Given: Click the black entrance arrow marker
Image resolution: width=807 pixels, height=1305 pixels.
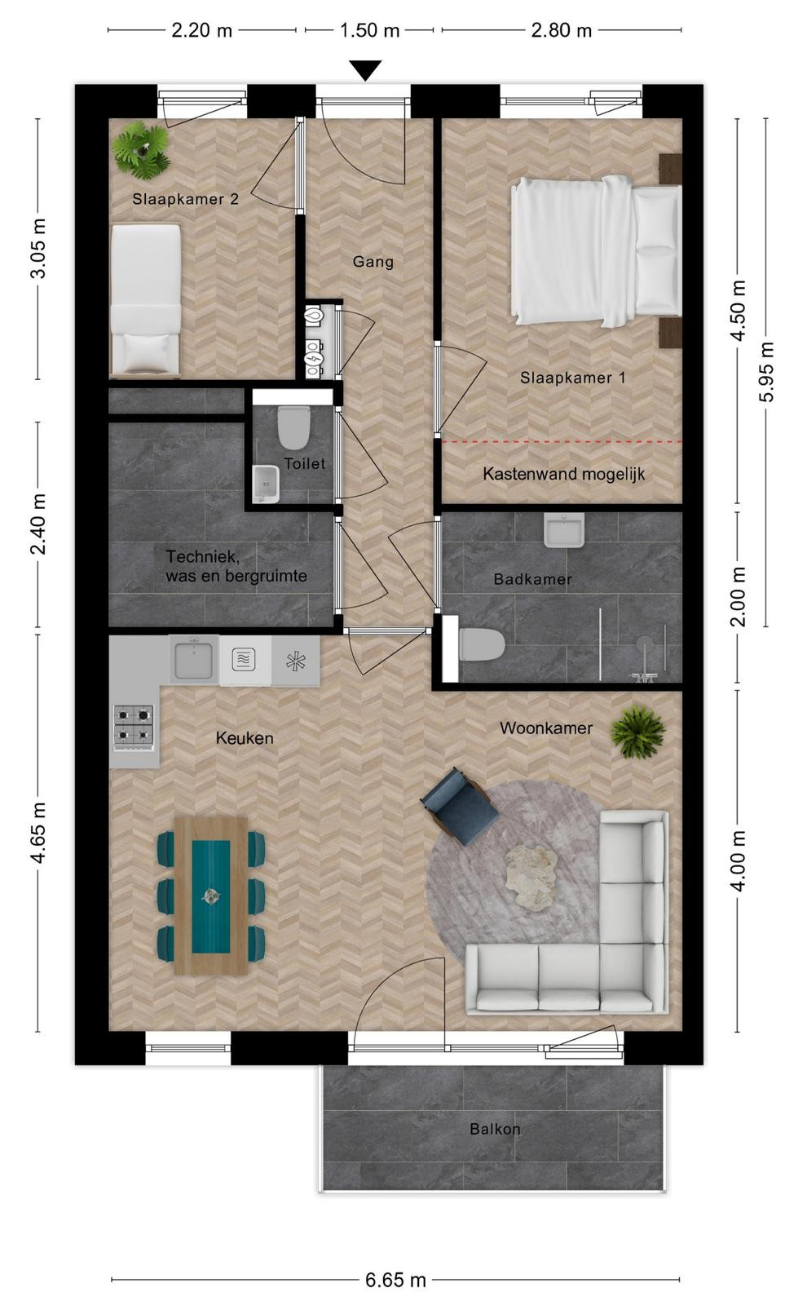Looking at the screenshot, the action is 366,70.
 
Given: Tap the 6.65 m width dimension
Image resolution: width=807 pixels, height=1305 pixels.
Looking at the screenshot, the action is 395,1280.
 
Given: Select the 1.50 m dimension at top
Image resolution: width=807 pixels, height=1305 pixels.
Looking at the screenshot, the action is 370,30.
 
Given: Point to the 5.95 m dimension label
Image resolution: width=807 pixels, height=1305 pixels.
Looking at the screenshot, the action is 766,372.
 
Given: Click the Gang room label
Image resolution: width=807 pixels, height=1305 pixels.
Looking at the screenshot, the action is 373,262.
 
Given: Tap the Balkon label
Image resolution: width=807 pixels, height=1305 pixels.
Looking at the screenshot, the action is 495,1129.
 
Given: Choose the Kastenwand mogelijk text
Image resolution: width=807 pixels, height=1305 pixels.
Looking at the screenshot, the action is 563,474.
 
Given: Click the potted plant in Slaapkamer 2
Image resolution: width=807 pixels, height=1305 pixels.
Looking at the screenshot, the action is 141,150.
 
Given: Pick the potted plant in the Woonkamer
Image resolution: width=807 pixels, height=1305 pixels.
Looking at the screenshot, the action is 637,732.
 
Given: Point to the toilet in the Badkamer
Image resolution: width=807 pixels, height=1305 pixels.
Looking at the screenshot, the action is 481,645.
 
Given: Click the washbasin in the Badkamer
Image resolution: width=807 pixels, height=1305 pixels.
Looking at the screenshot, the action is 563,529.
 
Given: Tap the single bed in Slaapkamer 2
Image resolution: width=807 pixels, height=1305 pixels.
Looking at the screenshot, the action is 145,301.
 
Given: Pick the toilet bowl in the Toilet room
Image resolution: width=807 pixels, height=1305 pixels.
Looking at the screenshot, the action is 293,427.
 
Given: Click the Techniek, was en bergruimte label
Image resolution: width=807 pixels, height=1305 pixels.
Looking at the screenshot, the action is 236,566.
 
